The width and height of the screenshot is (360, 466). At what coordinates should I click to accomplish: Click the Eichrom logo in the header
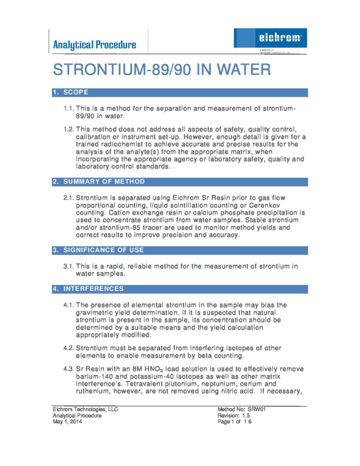coord(270,38)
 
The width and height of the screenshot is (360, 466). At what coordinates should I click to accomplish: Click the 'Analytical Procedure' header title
coord(94,45)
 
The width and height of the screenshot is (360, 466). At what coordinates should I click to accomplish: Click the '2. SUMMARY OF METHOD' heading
coord(99,182)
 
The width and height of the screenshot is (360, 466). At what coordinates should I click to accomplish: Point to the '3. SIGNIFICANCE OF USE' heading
coord(98,250)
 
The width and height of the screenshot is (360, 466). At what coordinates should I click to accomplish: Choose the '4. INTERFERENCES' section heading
coord(88,289)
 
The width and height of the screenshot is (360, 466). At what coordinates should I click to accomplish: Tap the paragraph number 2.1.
coord(68,198)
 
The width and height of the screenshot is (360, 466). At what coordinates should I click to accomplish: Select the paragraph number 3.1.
coord(68,266)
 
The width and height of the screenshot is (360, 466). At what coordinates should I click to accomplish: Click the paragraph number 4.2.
coord(68,348)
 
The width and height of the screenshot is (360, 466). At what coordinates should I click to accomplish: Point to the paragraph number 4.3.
coord(68,369)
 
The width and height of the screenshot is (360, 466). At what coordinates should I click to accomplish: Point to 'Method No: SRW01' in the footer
coord(241,409)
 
